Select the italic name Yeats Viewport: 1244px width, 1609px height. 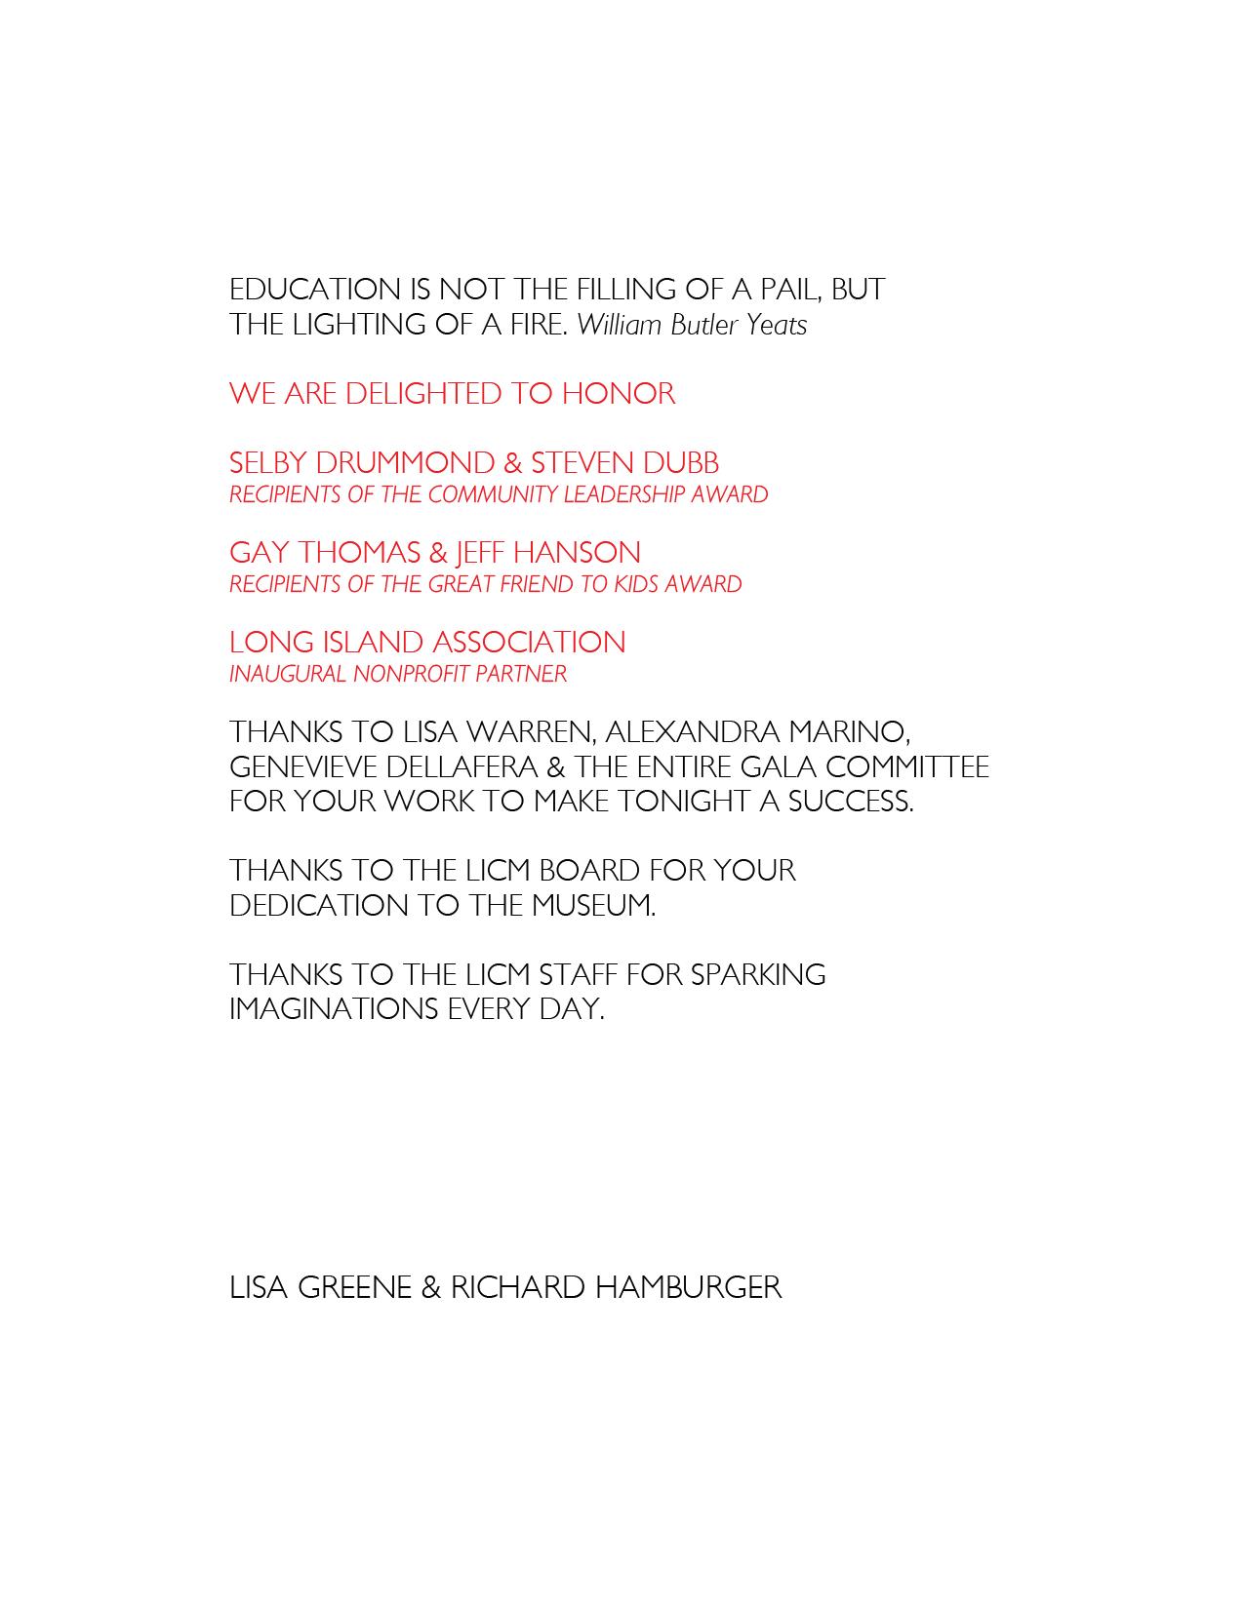[777, 325]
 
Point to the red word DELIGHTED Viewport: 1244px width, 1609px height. [422, 394]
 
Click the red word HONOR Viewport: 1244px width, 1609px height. [618, 394]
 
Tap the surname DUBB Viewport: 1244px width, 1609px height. [681, 463]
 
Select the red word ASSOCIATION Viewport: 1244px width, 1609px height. [528, 643]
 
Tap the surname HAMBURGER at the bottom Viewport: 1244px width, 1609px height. [688, 1287]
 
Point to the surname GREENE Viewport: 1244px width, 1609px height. [354, 1287]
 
